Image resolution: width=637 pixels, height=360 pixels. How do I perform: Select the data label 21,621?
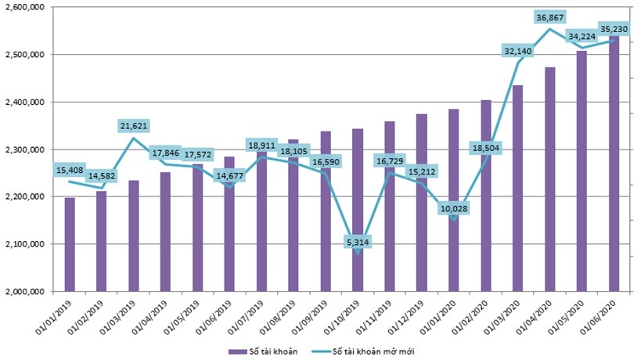coord(133,125)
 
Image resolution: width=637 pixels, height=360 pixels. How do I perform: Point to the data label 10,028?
coord(454,208)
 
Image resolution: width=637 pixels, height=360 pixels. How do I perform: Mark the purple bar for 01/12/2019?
coord(423,203)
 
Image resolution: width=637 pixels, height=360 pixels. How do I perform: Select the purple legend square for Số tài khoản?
coord(232,351)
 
